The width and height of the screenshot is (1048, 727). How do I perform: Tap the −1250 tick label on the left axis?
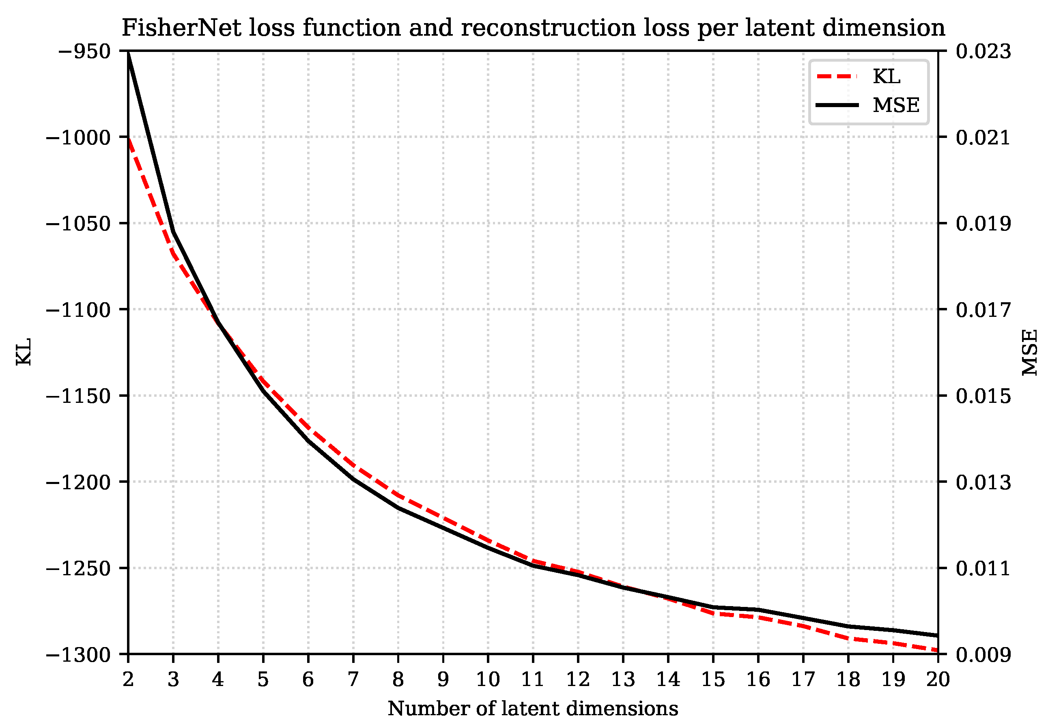click(78, 568)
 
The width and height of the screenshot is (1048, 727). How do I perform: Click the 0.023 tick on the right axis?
click(983, 51)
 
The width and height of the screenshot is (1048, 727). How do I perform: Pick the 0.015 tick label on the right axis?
click(983, 396)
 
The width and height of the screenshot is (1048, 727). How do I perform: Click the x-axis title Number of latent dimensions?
click(533, 709)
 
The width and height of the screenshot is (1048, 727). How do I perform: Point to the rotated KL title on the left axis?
click(24, 351)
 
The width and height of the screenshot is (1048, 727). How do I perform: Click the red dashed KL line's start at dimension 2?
click(129, 138)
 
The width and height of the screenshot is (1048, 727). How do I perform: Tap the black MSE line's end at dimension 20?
click(937, 635)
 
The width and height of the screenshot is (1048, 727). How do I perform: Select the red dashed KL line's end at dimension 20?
click(937, 650)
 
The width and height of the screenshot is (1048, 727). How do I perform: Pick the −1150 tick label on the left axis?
click(78, 396)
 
